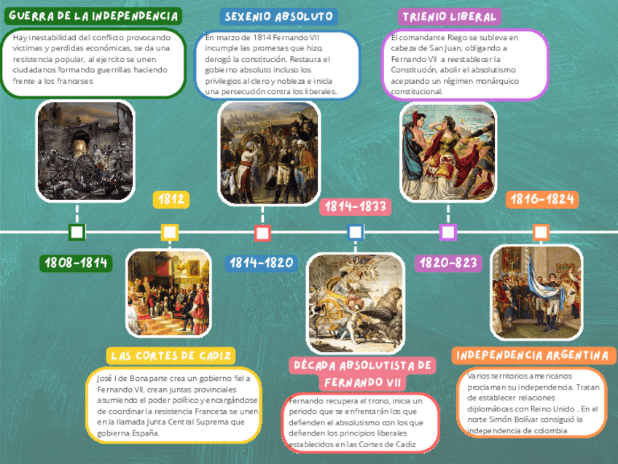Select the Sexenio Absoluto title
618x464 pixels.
click(x=279, y=17)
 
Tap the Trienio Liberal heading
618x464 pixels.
click(x=450, y=17)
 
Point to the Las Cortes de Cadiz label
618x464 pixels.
click(x=172, y=355)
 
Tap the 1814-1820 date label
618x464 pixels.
click(x=262, y=263)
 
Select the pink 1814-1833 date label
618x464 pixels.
click(x=354, y=206)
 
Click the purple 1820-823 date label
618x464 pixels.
click(x=448, y=263)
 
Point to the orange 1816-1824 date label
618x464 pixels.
click(x=541, y=199)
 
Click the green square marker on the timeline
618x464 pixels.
click(x=77, y=233)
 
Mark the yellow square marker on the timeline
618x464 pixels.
click(x=170, y=233)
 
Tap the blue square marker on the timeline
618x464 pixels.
click(x=355, y=233)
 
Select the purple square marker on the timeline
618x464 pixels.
click(x=448, y=233)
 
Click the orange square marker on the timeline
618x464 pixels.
click(x=541, y=233)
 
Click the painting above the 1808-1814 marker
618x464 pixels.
click(x=85, y=150)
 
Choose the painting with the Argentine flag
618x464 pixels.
click(x=536, y=292)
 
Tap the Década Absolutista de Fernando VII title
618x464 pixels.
click(x=361, y=373)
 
